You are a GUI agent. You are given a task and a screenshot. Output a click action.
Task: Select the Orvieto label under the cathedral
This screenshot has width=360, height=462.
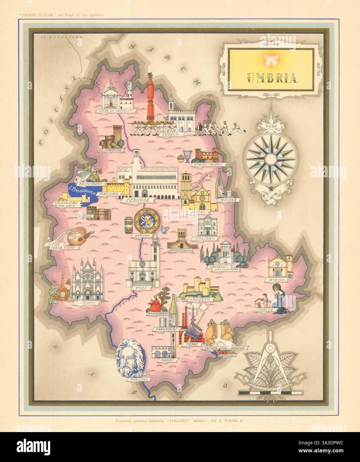pos(82,303)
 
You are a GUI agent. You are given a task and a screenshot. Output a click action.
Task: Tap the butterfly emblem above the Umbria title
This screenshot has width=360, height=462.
pos(270,59)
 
